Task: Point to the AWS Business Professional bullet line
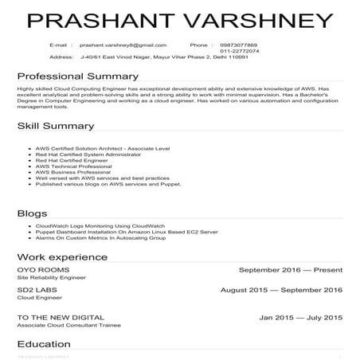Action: tap(70, 171)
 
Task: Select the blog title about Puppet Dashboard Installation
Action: tap(104, 232)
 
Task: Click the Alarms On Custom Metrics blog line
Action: tap(100, 237)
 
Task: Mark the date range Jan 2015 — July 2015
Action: tap(300, 318)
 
